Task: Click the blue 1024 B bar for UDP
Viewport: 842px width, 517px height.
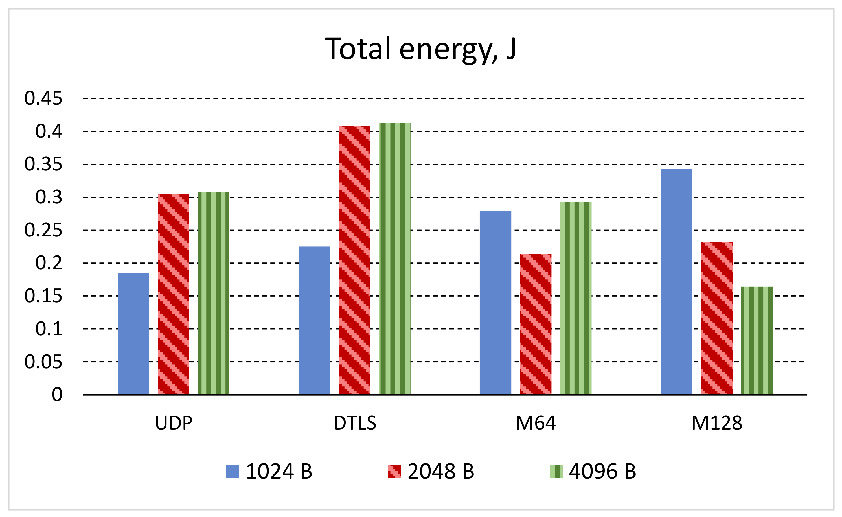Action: (x=133, y=333)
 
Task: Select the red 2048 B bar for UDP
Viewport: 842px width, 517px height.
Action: (x=173, y=294)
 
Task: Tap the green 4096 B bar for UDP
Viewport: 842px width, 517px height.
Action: (x=214, y=293)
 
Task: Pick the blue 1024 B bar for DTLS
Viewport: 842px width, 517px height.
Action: (x=315, y=320)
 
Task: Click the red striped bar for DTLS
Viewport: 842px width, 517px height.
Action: (x=354, y=260)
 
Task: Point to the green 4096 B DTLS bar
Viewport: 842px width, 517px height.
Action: (x=395, y=258)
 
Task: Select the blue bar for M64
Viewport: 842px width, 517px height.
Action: (x=495, y=302)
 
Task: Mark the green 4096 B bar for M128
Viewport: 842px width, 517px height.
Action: (x=757, y=340)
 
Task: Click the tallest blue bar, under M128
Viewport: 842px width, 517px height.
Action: (x=677, y=282)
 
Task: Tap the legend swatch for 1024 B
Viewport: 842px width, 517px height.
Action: (x=233, y=472)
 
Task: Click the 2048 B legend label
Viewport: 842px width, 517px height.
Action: (x=441, y=472)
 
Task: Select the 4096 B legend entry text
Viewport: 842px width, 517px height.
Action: (x=602, y=472)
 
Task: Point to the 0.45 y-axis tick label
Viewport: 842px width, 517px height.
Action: (x=43, y=98)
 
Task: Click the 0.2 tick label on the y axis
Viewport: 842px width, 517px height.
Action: (x=49, y=263)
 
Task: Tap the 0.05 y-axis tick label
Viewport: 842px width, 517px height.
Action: (x=43, y=362)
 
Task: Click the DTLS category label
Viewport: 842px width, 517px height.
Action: (x=355, y=423)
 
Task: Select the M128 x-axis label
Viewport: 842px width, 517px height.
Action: (x=717, y=423)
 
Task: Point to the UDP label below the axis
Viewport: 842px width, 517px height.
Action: (x=174, y=423)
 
